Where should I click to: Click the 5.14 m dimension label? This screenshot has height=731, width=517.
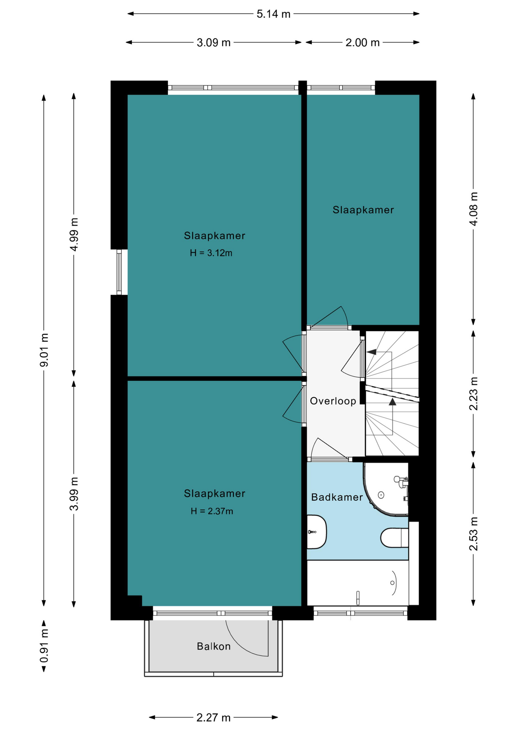273,14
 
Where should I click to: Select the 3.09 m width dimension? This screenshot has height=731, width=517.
214,43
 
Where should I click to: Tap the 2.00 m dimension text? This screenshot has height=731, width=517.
362,43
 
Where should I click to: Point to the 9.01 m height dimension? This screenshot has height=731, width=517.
45,350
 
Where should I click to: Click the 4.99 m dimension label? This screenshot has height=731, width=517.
74,235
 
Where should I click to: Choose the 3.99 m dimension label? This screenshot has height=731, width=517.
74,493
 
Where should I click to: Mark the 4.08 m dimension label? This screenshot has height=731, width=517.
473,209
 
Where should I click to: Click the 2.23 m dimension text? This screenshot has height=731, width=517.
473,393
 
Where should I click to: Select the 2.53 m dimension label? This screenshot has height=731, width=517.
473,534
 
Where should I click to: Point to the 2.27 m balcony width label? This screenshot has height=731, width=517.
214,718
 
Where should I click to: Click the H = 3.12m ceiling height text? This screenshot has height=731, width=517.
211,253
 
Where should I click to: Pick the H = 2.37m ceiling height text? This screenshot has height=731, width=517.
212,511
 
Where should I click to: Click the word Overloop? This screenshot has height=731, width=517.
333,401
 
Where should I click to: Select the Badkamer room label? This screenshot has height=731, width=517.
337,497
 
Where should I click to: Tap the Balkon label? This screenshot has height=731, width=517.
214,646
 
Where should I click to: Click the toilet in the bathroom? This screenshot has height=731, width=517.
394,538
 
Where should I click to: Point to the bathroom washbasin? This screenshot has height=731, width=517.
316,532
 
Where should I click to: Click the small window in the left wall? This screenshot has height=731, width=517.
119,272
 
